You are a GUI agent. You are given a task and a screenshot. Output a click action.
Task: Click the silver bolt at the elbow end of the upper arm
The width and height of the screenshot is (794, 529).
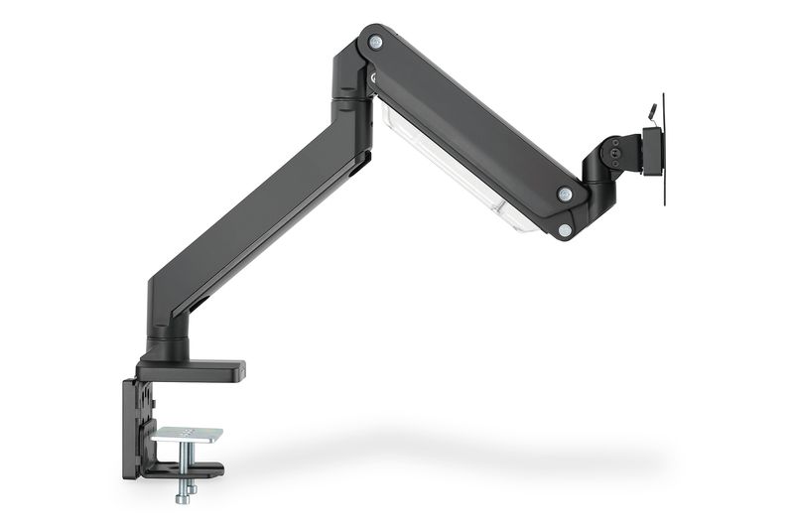coord(375,42)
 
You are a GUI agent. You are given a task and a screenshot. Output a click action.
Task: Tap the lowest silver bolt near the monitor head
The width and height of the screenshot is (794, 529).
coord(565,229)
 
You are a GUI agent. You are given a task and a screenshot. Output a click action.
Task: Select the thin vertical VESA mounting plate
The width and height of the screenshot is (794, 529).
coord(663,149)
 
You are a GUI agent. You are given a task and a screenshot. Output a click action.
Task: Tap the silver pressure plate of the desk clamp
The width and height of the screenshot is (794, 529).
coord(189,435)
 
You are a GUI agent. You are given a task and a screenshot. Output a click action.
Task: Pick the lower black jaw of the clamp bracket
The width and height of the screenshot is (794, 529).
coord(184,470)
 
